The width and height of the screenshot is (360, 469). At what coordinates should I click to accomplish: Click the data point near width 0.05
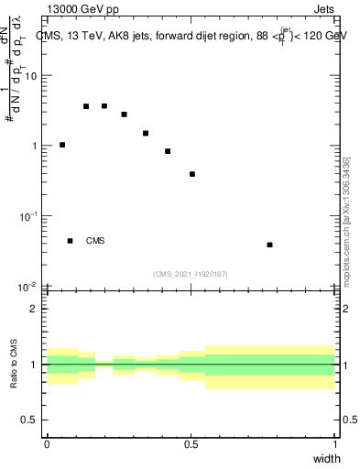62,145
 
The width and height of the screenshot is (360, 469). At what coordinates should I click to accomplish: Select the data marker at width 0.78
269,245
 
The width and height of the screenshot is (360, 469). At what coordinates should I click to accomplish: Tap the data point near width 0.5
192,174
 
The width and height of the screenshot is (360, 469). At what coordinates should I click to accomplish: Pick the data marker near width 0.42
168,151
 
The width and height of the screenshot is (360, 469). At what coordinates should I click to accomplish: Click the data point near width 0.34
145,133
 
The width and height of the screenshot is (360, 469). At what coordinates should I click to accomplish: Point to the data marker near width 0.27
124,115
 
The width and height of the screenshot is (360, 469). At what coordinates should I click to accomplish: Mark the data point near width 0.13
86,106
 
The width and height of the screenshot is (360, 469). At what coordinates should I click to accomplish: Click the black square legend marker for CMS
70,241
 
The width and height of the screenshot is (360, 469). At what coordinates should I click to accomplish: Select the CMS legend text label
95,242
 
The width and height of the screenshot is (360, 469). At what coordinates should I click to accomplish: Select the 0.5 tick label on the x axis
191,444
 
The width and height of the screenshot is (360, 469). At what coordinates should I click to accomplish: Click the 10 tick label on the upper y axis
30,76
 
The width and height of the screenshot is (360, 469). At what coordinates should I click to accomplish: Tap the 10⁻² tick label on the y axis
28,287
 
